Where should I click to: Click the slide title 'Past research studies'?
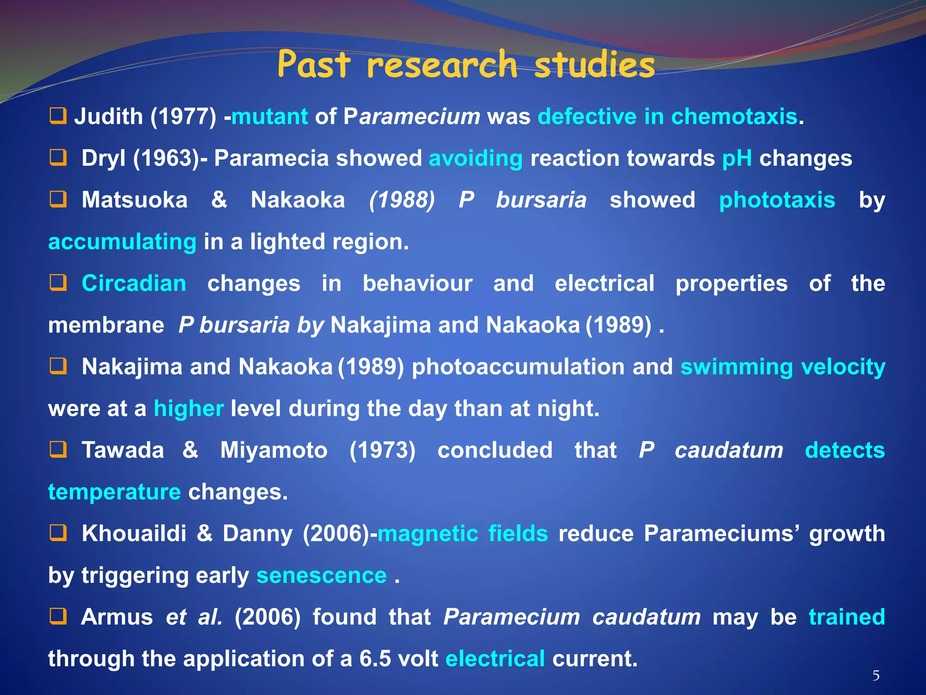point(466,64)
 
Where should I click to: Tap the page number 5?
point(876,676)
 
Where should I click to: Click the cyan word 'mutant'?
point(269,117)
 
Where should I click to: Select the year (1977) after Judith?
point(184,117)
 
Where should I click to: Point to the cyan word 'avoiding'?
point(476,158)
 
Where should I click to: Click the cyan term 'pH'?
point(737,158)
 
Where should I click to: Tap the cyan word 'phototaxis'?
point(777,200)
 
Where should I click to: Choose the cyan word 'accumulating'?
point(122,242)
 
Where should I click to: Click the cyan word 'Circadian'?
point(134,284)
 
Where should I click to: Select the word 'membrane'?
point(106,325)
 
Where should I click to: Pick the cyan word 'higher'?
point(189,409)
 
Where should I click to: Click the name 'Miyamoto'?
point(274,450)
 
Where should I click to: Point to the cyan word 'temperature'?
point(114,492)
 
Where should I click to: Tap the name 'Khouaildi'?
point(134,533)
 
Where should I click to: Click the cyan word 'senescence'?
point(321,576)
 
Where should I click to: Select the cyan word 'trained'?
point(846,617)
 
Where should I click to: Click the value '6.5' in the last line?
point(375,659)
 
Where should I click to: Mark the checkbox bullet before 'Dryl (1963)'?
point(58,158)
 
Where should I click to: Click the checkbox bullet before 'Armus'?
point(58,616)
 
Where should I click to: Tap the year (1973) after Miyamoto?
point(383,450)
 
